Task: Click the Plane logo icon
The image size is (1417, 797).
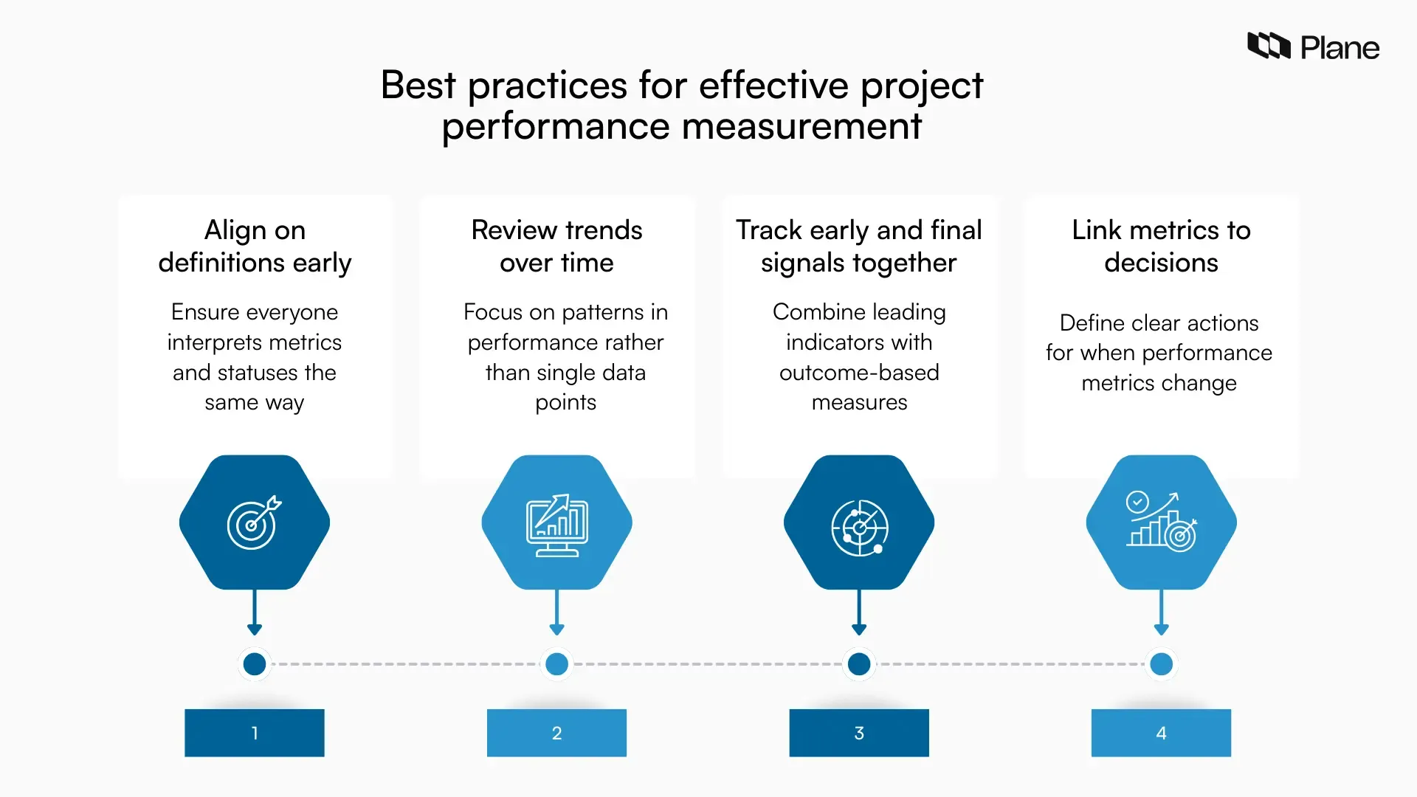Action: [1269, 46]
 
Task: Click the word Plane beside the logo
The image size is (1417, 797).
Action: [1340, 49]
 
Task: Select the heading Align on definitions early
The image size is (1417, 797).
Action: [255, 246]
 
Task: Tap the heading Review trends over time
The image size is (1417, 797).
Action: [556, 246]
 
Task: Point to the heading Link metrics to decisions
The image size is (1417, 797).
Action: [1161, 246]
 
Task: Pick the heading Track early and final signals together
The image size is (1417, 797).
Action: [859, 246]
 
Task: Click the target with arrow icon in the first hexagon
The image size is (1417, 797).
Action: [254, 522]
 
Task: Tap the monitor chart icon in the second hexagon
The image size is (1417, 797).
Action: [556, 524]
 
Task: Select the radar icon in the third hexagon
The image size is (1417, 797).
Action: [859, 527]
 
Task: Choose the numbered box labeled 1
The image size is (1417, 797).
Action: [255, 733]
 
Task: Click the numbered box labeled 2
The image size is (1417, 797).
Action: [556, 733]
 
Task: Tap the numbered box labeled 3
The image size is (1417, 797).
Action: [859, 733]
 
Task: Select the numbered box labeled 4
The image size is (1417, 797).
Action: [1161, 733]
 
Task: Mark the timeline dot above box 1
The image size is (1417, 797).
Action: [255, 664]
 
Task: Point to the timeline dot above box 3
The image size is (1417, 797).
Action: [859, 664]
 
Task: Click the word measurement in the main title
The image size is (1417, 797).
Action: [801, 126]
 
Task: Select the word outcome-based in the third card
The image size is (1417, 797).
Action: [859, 373]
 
